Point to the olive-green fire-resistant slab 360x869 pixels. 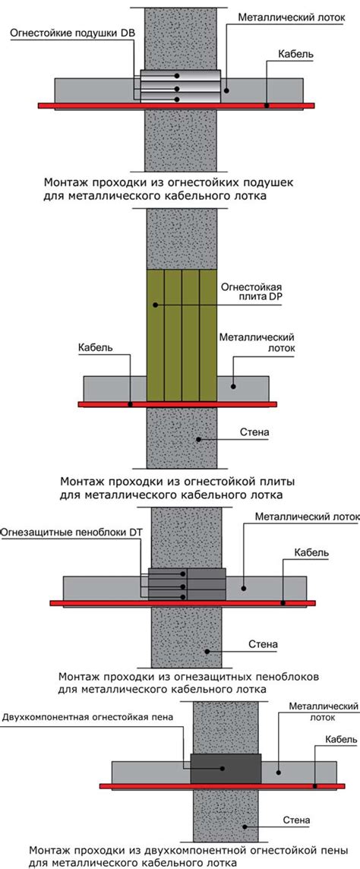(x=182, y=335)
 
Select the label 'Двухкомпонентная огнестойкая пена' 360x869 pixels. (x=87, y=717)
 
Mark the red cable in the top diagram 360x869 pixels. (x=176, y=106)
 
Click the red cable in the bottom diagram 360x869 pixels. (x=222, y=786)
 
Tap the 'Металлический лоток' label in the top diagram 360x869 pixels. (x=292, y=17)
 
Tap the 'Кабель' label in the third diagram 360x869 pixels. (x=312, y=552)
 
